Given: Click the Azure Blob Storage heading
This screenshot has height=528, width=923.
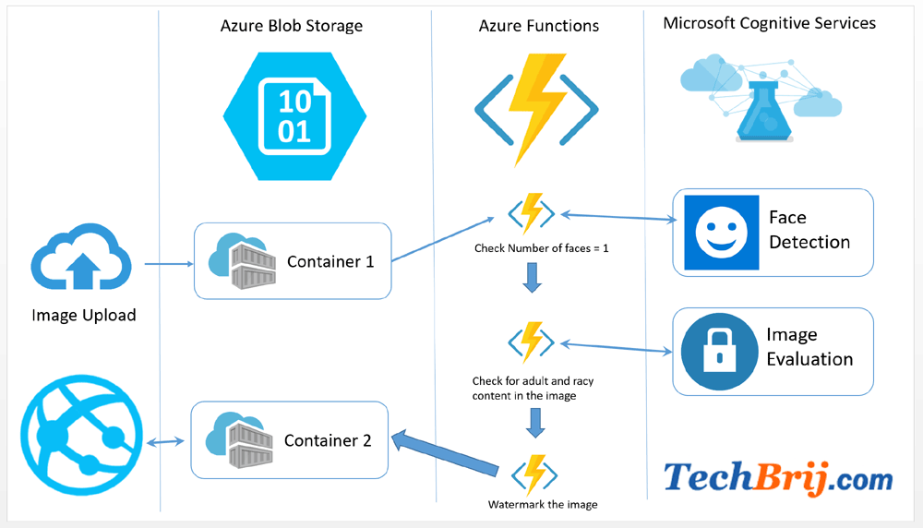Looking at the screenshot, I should [x=291, y=26].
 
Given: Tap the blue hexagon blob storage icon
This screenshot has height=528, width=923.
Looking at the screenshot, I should [x=294, y=115].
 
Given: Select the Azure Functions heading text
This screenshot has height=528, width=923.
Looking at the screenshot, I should [x=538, y=26].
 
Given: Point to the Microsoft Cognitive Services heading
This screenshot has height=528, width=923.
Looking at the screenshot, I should [x=769, y=23].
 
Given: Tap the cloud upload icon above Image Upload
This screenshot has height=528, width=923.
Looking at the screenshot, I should [x=82, y=259].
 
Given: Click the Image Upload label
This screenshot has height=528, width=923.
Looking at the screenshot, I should [x=83, y=315].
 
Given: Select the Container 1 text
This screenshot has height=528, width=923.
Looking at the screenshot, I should [x=330, y=261].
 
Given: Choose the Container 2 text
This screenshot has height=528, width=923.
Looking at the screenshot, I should [x=328, y=440].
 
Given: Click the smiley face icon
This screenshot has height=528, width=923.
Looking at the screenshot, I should [x=721, y=232].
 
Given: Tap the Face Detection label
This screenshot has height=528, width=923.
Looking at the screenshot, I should [x=809, y=230].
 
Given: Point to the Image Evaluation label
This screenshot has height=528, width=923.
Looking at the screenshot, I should [x=809, y=347].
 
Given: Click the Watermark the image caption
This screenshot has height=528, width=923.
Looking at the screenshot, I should [x=543, y=504].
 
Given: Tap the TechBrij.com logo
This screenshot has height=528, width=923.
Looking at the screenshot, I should [x=778, y=478].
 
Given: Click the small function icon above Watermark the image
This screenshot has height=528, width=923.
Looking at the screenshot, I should [x=533, y=474].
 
